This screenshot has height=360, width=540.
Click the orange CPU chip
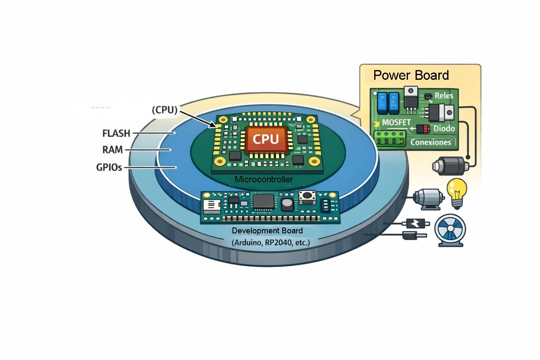[x=266, y=139]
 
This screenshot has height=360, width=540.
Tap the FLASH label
[x=116, y=134]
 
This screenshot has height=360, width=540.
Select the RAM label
[x=113, y=150]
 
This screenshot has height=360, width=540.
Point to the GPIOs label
[x=109, y=167]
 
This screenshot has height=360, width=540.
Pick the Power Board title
[x=411, y=75]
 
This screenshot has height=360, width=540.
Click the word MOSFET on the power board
[x=396, y=122]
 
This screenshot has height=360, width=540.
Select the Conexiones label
[x=430, y=142]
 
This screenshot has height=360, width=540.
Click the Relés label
[x=444, y=96]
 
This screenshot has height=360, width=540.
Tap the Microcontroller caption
[x=264, y=180]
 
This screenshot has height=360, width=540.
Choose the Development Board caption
[x=267, y=231]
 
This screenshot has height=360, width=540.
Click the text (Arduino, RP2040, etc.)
[x=270, y=243]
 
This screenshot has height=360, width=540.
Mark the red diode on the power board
[x=423, y=129]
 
